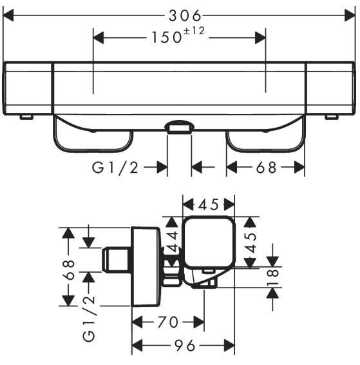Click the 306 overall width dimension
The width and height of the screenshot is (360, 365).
tap(185, 16)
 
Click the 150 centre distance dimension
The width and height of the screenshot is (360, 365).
tap(166, 37)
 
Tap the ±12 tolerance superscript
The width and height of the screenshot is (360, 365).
tap(194, 31)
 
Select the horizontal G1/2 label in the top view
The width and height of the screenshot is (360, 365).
tap(115, 168)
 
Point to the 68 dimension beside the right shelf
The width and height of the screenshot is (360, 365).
tap(266, 168)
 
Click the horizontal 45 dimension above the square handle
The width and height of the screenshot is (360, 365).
tap(209, 204)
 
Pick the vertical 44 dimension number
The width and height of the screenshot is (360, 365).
tap(173, 242)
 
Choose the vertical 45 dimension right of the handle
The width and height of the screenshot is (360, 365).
tap(251, 242)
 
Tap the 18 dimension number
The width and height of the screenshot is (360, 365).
tap(272, 277)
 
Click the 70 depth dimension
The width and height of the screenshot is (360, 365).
tap(168, 322)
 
